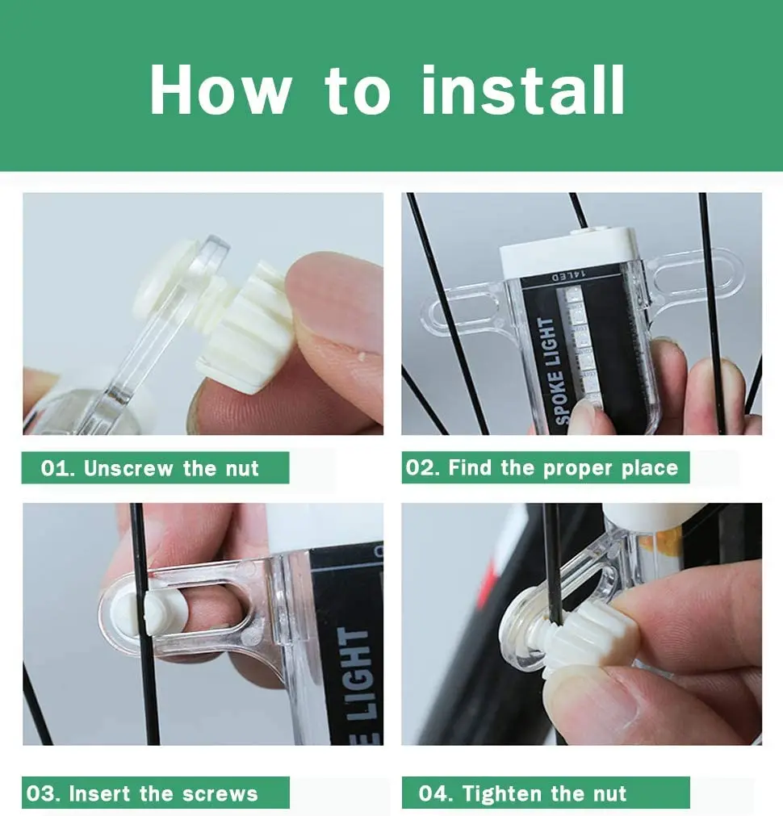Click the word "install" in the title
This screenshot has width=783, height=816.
523,90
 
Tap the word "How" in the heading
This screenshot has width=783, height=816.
220,90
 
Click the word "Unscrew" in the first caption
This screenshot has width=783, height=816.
128,468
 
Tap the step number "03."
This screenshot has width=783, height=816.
44,793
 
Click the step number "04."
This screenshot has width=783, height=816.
436,793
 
